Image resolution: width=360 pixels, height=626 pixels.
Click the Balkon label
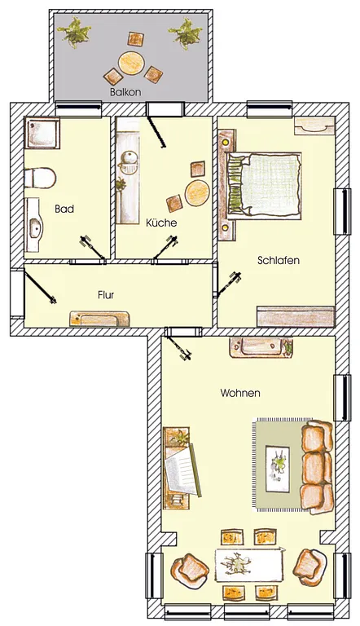coord(125,92)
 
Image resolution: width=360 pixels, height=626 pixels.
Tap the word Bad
coord(64,209)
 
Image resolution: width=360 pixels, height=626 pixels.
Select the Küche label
coord(161,223)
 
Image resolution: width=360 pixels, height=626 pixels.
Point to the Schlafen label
coord(279,260)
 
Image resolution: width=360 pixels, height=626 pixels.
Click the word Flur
coord(106,294)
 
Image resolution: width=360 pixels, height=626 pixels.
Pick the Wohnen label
coord(240,393)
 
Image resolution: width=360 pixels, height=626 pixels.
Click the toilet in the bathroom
coord(40,178)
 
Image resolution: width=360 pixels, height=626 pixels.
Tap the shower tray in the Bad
coord(42,133)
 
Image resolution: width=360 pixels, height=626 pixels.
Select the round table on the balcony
coord(131,63)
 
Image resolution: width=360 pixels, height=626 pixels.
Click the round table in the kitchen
coord(197,192)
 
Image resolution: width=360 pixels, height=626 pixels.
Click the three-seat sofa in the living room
coord(317,466)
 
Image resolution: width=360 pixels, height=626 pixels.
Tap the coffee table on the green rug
coord(279,469)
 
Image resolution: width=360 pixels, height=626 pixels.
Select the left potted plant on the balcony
coord(74,33)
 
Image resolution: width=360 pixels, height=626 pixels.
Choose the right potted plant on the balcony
coord(185,33)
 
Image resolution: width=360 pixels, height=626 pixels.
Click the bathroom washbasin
coord(35,226)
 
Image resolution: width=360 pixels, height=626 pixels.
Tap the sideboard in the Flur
coord(99,319)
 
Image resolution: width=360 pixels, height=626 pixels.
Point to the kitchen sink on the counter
coord(129,161)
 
